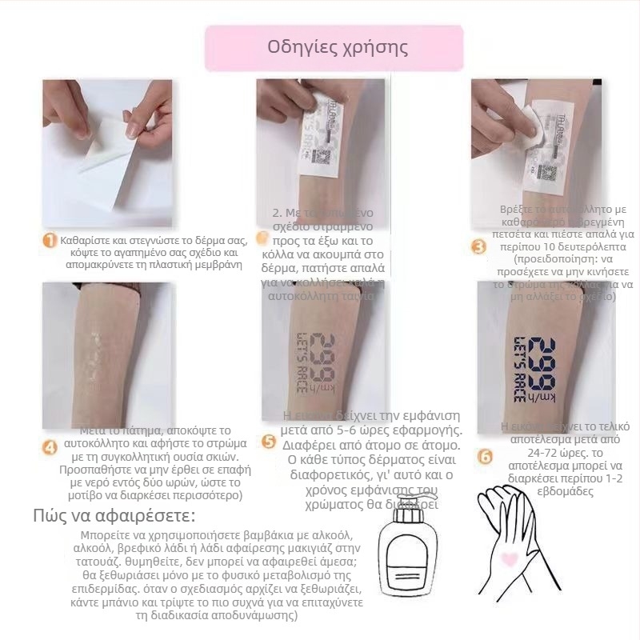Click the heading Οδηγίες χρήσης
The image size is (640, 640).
337,47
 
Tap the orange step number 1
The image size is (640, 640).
50,241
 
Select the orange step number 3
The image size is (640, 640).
478,247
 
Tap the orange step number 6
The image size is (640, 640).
485,456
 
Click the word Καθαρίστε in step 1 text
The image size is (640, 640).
85,239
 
